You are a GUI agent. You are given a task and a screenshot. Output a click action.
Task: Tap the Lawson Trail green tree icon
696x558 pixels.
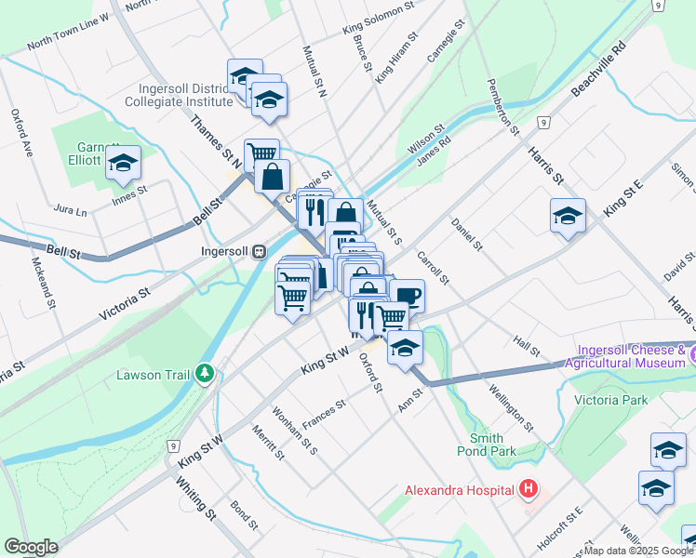tap(205, 374)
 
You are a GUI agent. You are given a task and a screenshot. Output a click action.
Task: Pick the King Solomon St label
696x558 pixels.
tap(378, 19)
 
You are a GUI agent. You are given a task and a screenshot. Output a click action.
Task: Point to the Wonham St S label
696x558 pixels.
tap(295, 431)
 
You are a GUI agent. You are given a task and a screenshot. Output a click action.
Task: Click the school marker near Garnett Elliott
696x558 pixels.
tap(123, 164)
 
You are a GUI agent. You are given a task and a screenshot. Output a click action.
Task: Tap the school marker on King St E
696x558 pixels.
tap(568, 217)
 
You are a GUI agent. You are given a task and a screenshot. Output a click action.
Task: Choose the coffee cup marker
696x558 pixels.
tap(408, 297)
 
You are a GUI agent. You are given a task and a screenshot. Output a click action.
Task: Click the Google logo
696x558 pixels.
tap(30, 547)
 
